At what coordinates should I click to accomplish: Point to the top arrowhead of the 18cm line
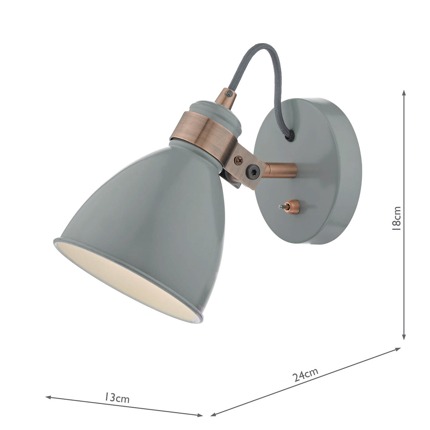point(404,92)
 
